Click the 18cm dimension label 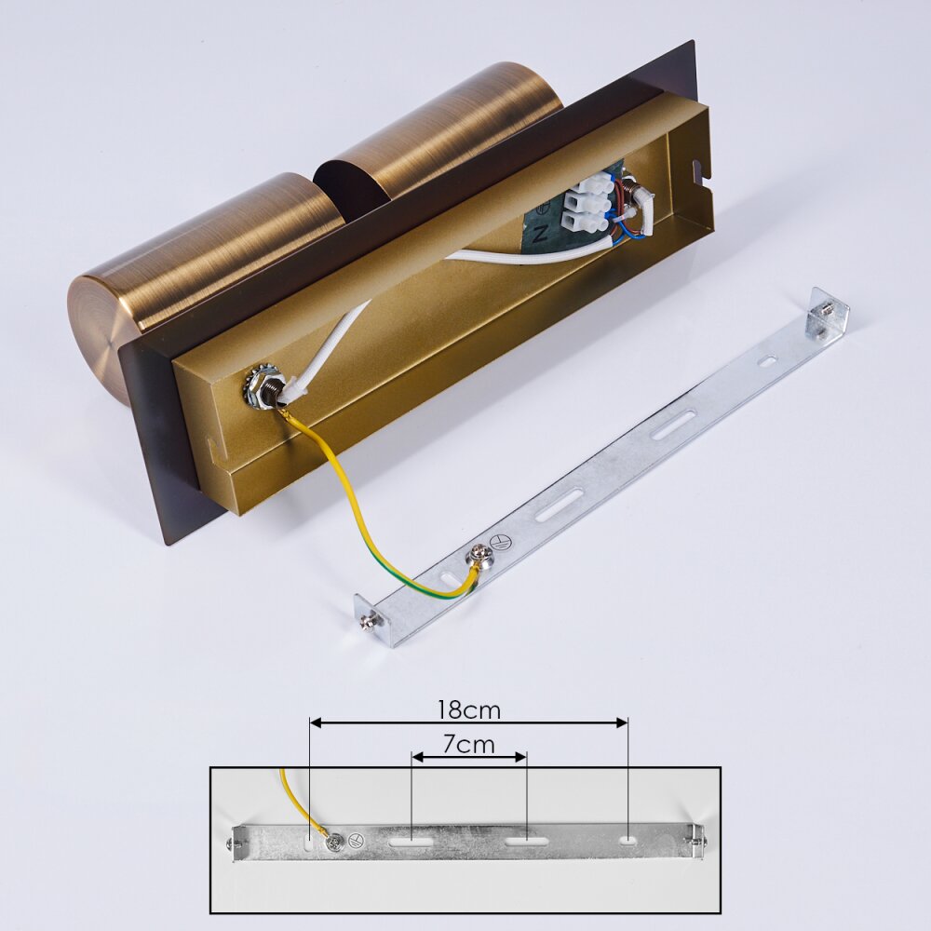point(469,709)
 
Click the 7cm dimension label point(469,744)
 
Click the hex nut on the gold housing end point(260,391)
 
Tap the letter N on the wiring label point(541,234)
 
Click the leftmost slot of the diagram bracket point(309,842)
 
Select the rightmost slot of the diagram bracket point(627,841)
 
